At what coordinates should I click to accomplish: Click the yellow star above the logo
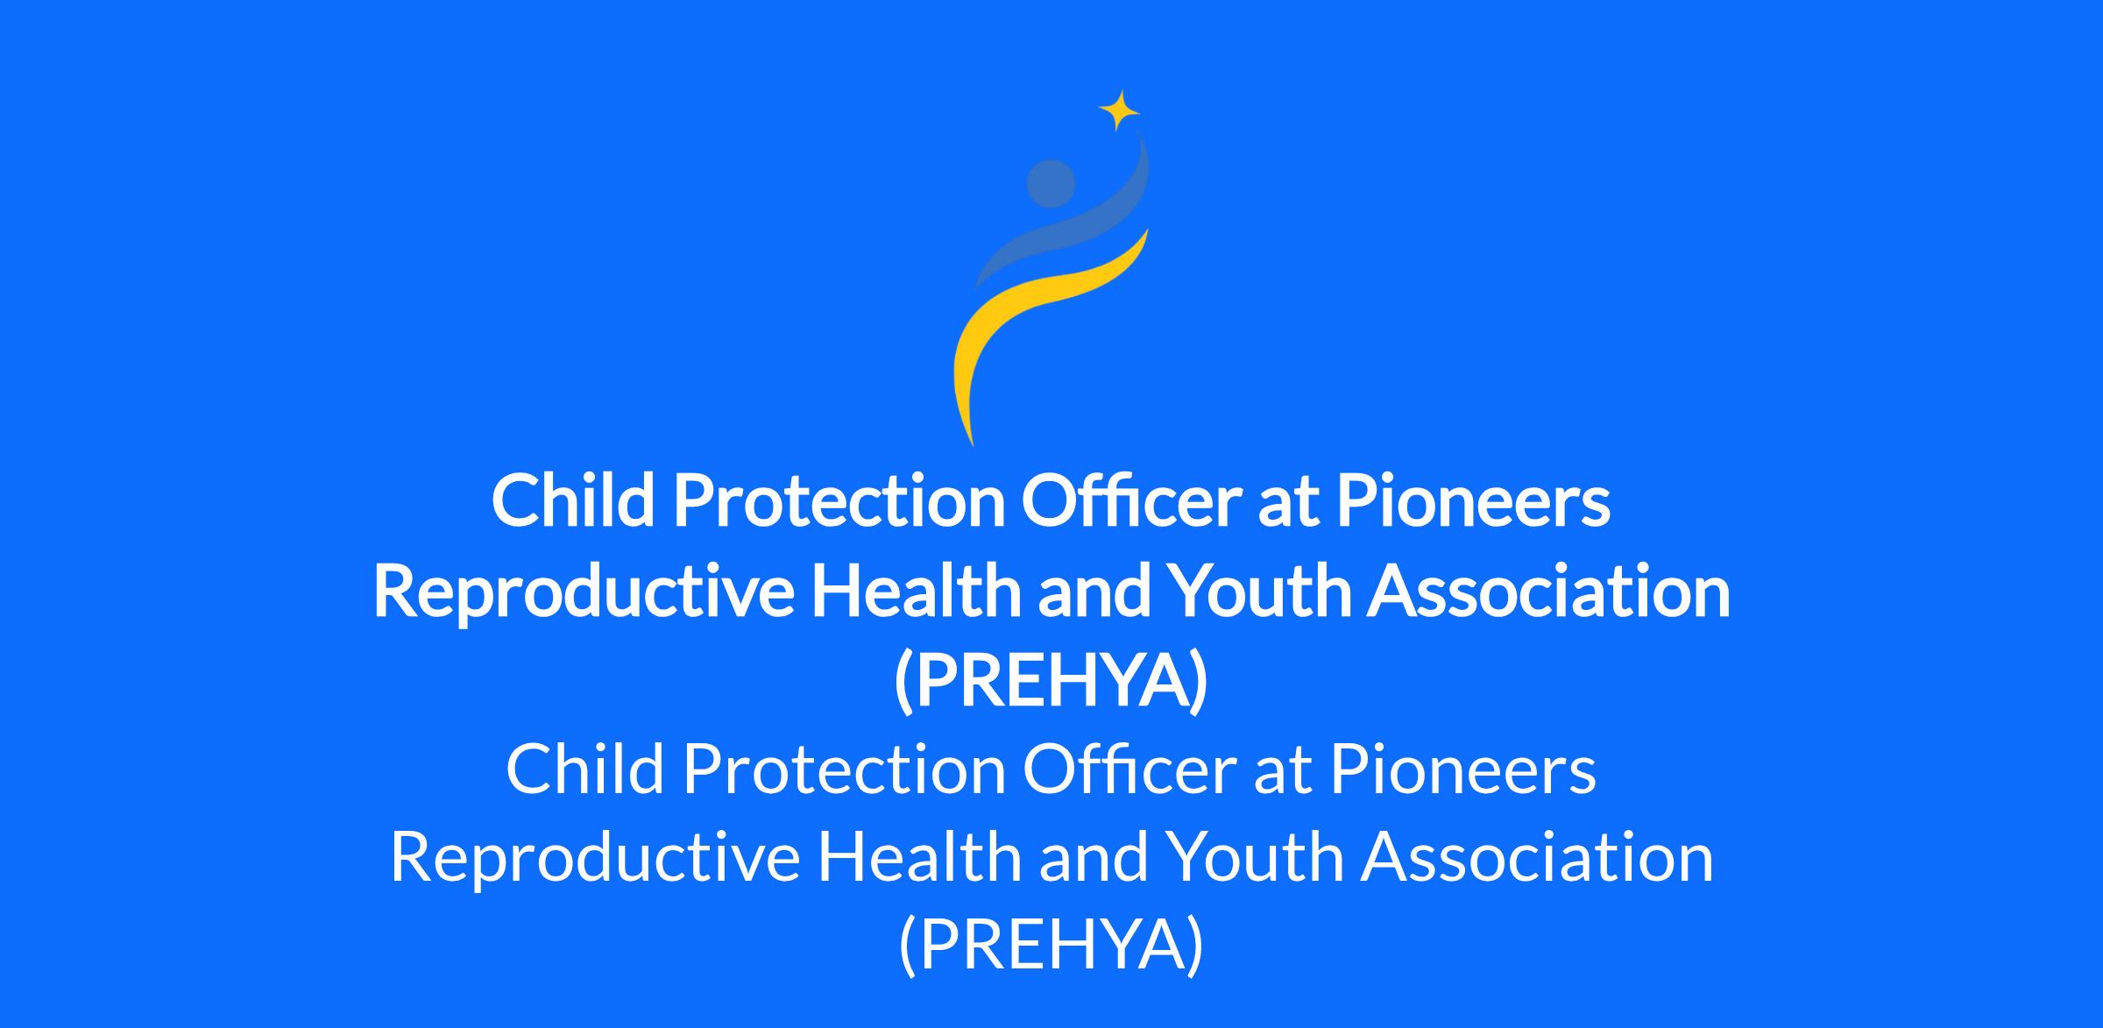(1119, 110)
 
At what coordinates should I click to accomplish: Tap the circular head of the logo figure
(1051, 184)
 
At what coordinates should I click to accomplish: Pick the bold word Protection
(839, 500)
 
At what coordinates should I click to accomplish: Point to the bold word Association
(1549, 590)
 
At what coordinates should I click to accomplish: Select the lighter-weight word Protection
(845, 769)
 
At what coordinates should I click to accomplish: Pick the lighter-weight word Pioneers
(1463, 769)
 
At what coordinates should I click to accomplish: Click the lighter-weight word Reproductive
(595, 858)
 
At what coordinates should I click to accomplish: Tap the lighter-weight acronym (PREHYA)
(1051, 947)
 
